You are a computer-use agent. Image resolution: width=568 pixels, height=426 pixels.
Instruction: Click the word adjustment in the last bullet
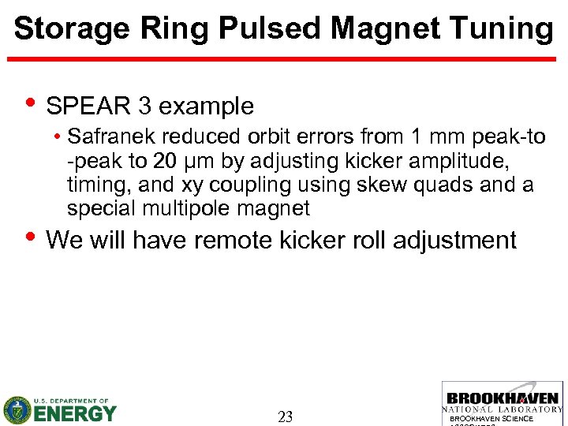tap(457, 239)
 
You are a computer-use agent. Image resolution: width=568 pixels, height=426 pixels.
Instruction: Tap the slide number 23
tap(285, 417)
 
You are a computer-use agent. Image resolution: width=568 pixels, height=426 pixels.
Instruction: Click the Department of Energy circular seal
tap(17, 410)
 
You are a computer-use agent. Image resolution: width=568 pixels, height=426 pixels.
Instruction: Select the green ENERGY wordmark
tap(75, 413)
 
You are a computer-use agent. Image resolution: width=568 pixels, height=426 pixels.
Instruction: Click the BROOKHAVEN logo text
tap(503, 399)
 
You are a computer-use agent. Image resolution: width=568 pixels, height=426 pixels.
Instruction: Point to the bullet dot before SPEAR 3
tap(30, 104)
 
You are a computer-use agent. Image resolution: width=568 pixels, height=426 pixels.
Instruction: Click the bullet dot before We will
tap(30, 237)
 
